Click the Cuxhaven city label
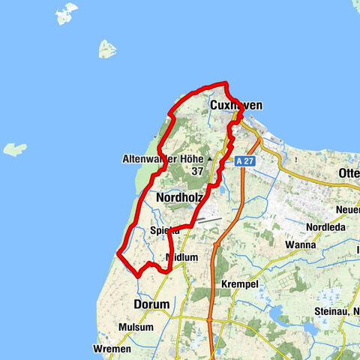tap(236, 106)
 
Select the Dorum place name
tap(151, 305)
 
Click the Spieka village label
tap(164, 231)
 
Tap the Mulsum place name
tap(136, 328)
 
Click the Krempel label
tap(240, 285)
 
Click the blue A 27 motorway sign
tap(244, 161)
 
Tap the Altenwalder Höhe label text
tap(163, 159)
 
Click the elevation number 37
tap(197, 172)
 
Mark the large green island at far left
tap(14, 149)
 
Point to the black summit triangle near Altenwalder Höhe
tap(211, 160)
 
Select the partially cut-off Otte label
tap(349, 172)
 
